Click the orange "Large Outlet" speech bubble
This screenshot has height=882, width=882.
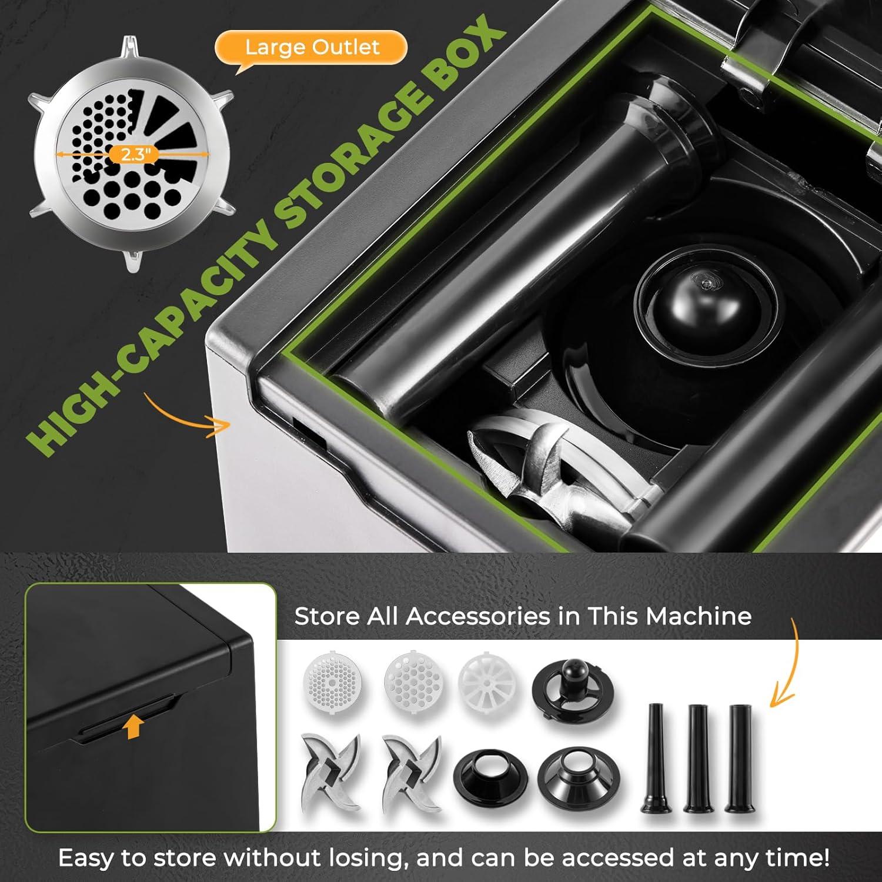tap(312, 47)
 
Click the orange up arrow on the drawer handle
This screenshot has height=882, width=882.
tap(133, 727)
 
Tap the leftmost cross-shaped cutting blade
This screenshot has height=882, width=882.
tap(331, 771)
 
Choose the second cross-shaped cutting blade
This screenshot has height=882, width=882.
tap(411, 771)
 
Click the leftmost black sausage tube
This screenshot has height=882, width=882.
tap(655, 759)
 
